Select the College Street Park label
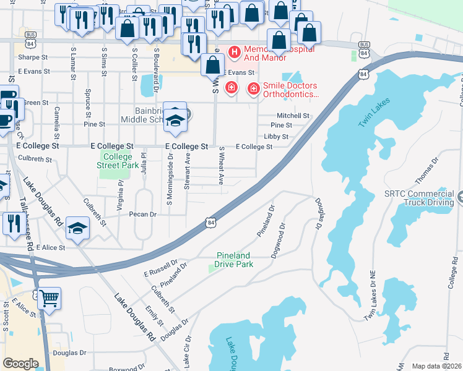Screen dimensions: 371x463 point(118,161)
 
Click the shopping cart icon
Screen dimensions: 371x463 point(50,299)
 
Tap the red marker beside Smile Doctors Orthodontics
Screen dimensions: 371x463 point(253,90)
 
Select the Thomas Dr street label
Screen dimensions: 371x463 point(426,169)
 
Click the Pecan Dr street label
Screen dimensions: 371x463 point(143,214)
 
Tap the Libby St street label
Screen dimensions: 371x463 point(276,137)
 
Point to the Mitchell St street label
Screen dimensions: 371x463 point(292,116)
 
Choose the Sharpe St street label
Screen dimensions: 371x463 point(33,57)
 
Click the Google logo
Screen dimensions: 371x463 point(20,363)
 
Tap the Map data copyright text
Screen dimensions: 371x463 point(436,366)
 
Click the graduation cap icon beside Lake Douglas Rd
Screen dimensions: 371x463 point(77,229)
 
